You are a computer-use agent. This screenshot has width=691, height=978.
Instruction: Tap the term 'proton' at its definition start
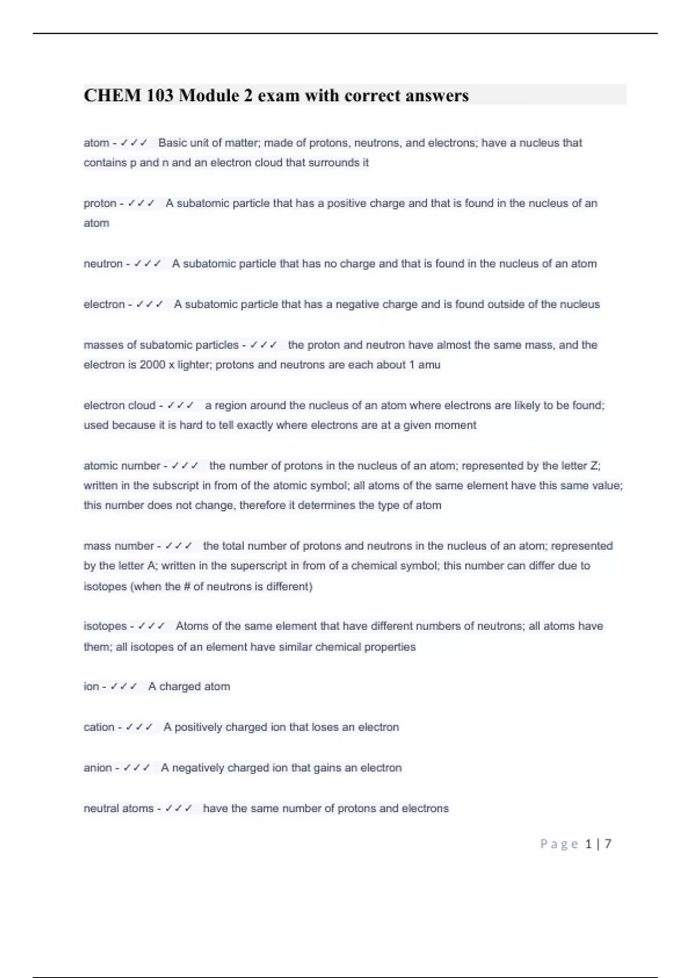coord(100,203)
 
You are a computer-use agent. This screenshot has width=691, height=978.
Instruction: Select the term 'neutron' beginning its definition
coord(103,263)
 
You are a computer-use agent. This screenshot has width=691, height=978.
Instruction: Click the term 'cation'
coord(99,727)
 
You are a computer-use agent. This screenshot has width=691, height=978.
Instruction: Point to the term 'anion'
coord(98,767)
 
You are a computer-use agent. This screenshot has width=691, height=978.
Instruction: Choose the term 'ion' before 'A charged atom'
coord(91,686)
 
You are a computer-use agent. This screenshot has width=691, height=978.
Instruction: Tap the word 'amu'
coord(429,365)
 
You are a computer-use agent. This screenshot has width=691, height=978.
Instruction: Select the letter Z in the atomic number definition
coord(595,466)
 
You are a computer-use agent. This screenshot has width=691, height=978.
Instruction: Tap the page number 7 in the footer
coord(608,844)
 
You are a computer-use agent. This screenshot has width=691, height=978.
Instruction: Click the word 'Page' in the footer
coord(559,844)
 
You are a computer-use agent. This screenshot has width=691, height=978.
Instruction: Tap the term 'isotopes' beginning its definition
coord(105,626)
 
